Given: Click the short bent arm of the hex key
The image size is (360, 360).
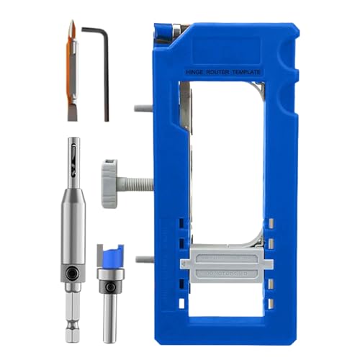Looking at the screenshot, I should tap(92, 30).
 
